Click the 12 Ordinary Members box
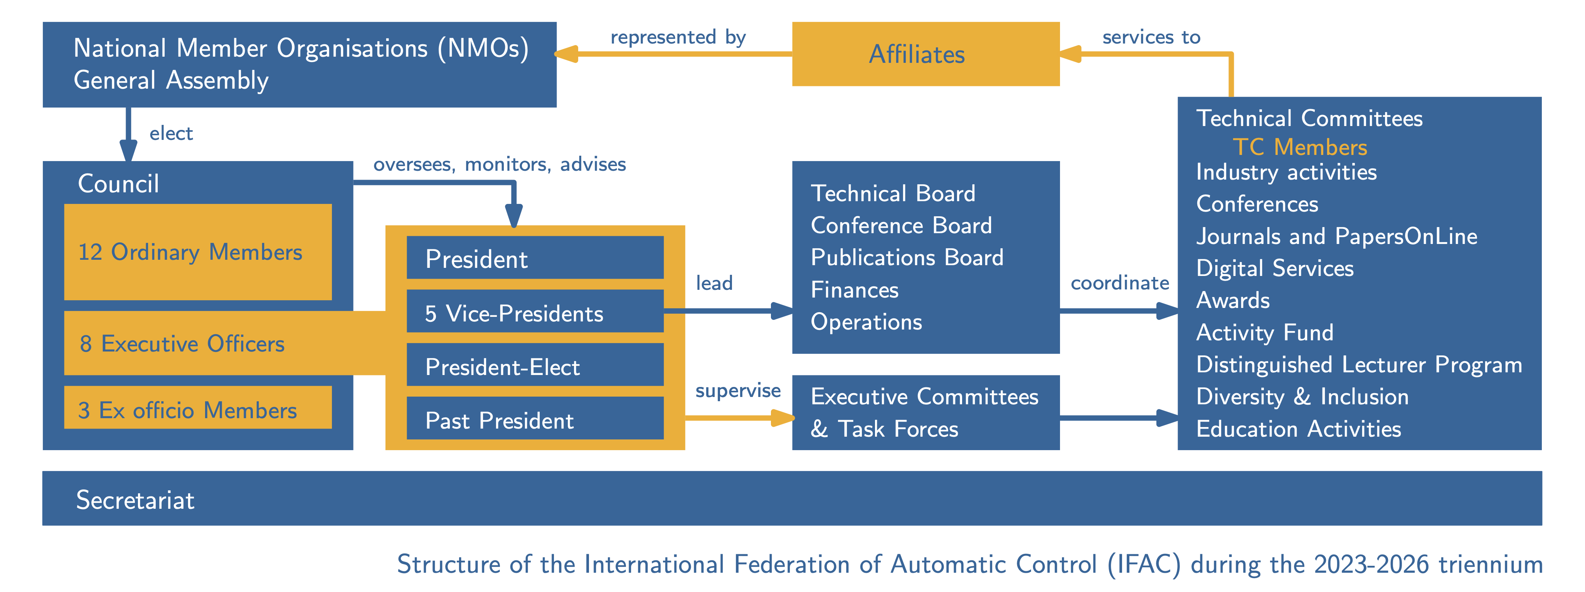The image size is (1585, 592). point(197,252)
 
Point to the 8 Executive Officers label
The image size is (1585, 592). point(182,343)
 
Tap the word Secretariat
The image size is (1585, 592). point(135,499)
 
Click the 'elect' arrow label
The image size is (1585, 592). point(171,133)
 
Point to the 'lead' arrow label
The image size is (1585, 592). point(714,283)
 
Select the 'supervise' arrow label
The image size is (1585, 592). point(738,390)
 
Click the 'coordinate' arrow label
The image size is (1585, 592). point(1119,283)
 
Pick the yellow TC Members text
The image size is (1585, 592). point(1299,147)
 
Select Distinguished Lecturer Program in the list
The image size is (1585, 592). point(1359,364)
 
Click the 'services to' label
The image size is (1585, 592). point(1151,37)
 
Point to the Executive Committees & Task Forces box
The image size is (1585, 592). point(925,412)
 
